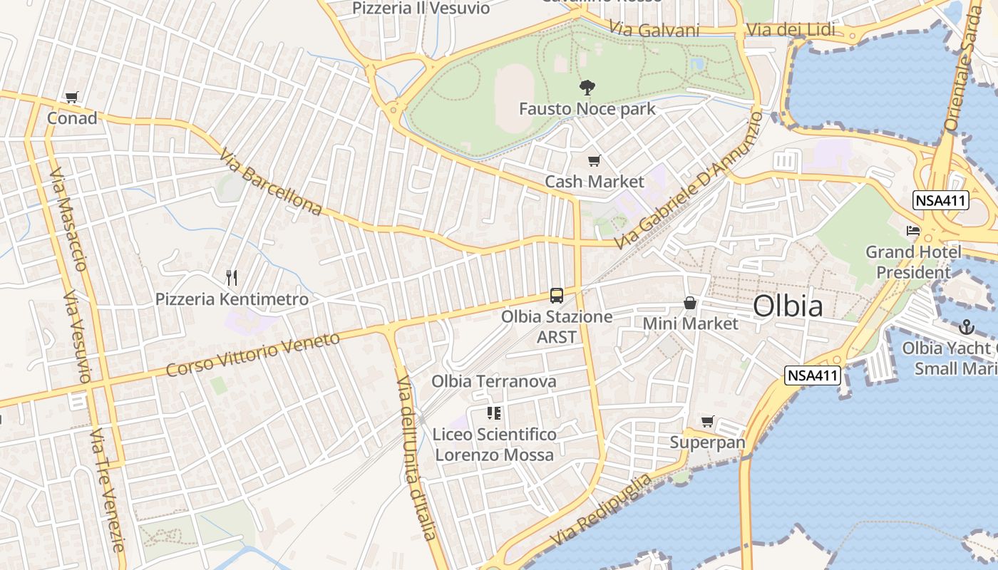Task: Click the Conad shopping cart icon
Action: [x=71, y=98]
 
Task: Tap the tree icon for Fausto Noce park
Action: [x=587, y=88]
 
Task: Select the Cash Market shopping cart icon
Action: [x=594, y=161]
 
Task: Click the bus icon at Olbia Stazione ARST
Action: [x=557, y=296]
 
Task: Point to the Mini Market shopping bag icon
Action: [x=690, y=304]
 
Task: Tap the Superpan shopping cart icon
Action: [x=707, y=422]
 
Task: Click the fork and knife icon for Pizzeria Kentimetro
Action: [x=232, y=277]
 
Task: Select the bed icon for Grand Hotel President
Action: [x=913, y=230]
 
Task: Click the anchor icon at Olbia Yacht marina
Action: [x=966, y=327]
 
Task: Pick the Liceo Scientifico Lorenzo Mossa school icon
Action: [x=493, y=413]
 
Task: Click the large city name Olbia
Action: [x=788, y=306]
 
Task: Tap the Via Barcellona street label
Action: [x=271, y=182]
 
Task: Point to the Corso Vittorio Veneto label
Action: [x=253, y=354]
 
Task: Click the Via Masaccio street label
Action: [x=69, y=220]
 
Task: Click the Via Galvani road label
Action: [x=654, y=30]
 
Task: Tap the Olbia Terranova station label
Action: [x=493, y=381]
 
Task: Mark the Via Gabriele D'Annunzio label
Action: [x=689, y=180]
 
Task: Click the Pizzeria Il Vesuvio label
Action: [x=421, y=9]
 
